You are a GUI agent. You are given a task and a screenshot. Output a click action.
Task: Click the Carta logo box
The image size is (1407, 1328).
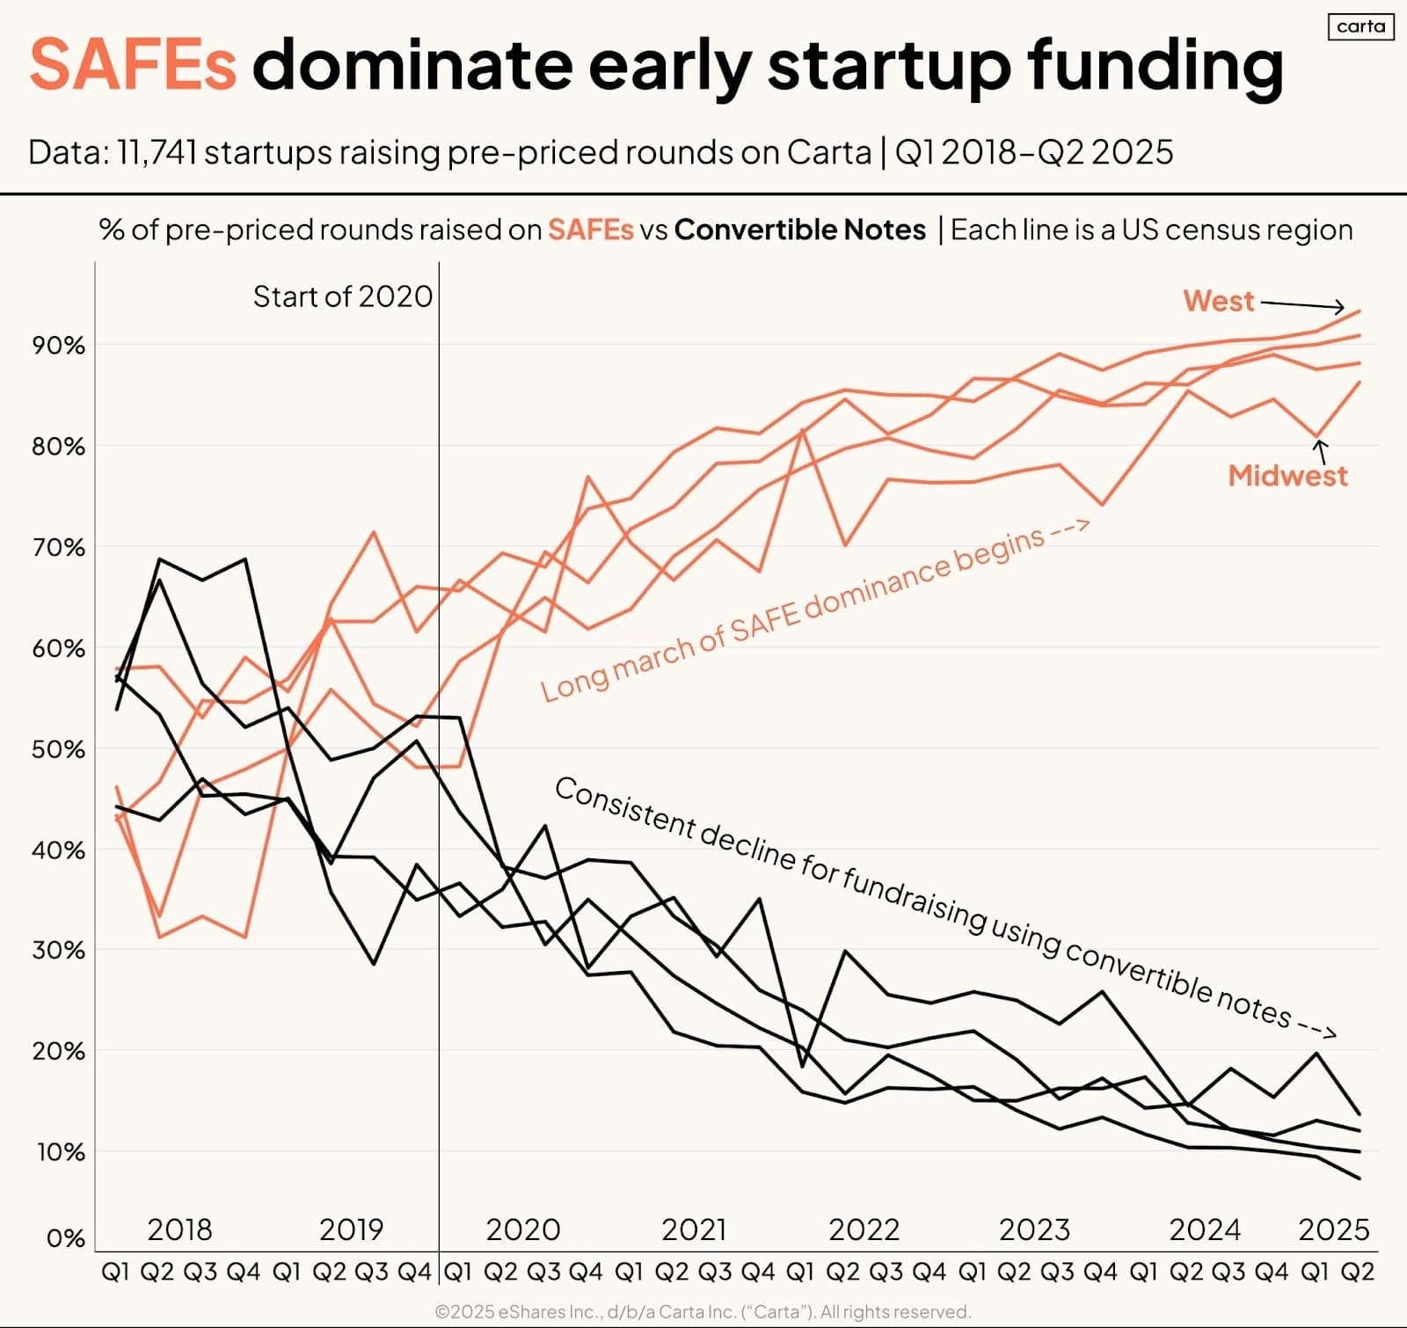[x=1360, y=26]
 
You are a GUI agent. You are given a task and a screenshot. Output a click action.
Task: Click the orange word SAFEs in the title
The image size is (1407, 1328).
[x=134, y=64]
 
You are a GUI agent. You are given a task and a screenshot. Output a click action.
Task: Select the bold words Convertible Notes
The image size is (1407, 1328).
[x=800, y=230]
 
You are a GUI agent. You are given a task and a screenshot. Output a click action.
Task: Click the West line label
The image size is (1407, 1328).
[x=1218, y=302]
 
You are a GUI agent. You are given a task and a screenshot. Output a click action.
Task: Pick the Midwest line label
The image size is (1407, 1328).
[x=1287, y=476]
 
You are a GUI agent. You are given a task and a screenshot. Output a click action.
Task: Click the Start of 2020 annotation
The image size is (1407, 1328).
[x=342, y=296]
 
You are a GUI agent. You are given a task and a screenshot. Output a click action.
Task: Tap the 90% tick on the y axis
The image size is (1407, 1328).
[x=59, y=345]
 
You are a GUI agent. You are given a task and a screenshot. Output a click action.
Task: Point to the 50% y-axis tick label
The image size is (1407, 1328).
[x=59, y=749]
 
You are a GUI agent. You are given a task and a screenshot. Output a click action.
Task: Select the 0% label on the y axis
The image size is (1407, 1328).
[x=66, y=1238]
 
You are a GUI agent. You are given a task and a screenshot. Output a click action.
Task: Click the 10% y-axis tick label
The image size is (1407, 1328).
[x=59, y=1152]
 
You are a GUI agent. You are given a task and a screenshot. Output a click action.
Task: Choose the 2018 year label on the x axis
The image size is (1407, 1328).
[x=179, y=1229]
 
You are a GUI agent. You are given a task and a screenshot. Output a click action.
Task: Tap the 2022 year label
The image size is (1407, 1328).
[x=864, y=1229]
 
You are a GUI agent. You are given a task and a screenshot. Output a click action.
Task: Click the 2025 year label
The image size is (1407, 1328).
[x=1334, y=1229]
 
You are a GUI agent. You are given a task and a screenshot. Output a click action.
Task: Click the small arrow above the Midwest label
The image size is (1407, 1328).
[x=1319, y=450]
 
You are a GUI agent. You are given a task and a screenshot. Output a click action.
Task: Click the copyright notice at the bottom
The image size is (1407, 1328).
[x=703, y=1312]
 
